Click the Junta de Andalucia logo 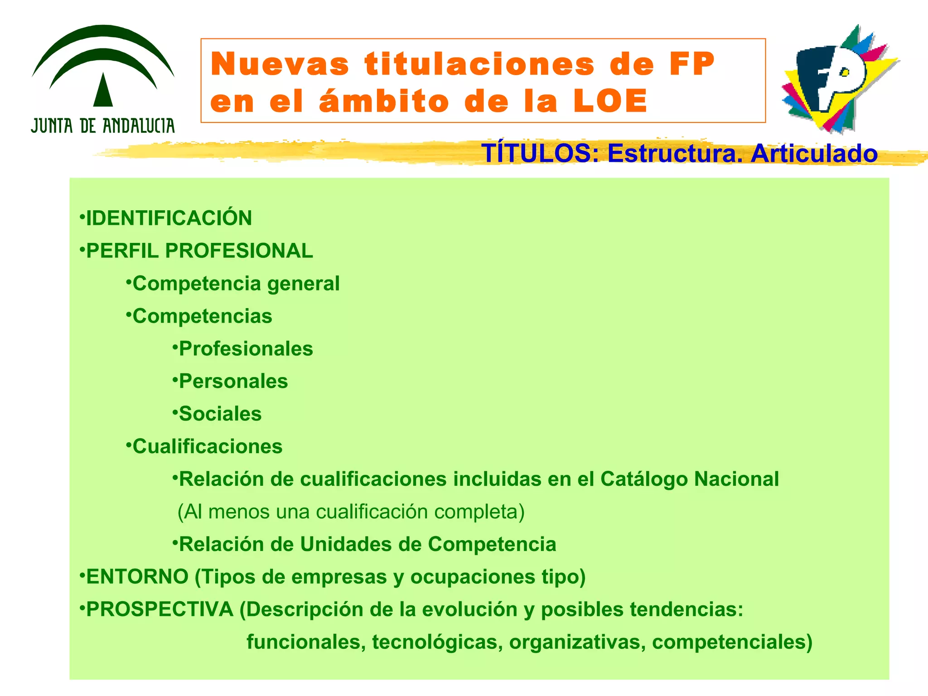click(x=103, y=79)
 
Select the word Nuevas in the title click(x=280, y=64)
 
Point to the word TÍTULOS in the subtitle click(x=536, y=153)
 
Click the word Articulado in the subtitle click(x=814, y=153)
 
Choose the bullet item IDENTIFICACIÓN click(x=169, y=218)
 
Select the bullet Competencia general click(x=236, y=284)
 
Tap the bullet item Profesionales click(x=246, y=349)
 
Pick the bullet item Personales click(x=233, y=382)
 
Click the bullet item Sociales click(x=220, y=414)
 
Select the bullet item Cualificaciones click(x=207, y=447)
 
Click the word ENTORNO click(x=137, y=577)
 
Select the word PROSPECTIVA click(x=159, y=609)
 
